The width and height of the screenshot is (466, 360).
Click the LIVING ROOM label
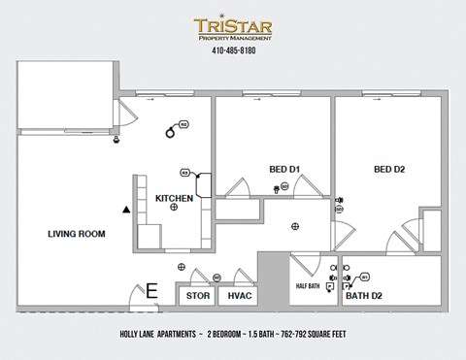[77, 234]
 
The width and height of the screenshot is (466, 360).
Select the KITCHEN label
[175, 198]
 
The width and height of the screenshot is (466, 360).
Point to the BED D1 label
[283, 170]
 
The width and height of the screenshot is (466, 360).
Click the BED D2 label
[388, 170]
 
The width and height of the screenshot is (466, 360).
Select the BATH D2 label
[364, 296]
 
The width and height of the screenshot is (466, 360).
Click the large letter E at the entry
[151, 290]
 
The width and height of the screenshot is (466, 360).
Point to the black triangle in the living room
[125, 209]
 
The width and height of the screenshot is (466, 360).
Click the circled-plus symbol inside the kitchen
[174, 208]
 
